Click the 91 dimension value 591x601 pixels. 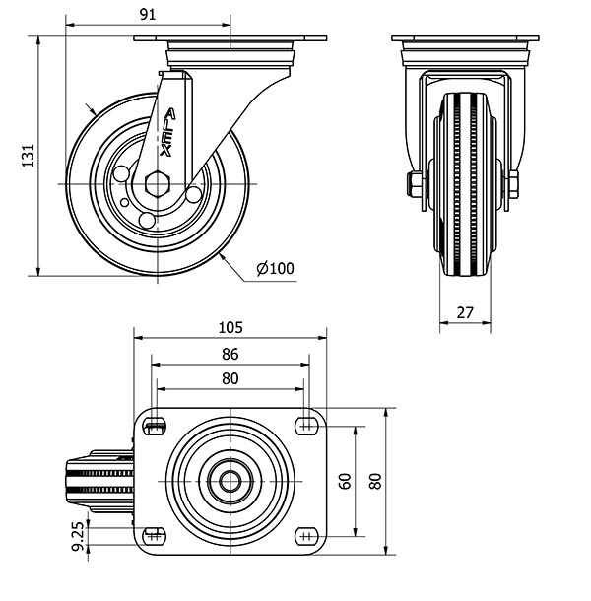[148, 15]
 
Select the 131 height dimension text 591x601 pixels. [28, 156]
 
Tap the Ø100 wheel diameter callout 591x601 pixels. [275, 268]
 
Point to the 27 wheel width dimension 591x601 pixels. [465, 312]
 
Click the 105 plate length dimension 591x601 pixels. [230, 328]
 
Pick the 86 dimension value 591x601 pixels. [230, 354]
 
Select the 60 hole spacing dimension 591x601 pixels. [345, 481]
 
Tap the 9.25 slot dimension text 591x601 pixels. [78, 536]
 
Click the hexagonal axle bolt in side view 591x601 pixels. [158, 184]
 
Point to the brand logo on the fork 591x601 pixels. [167, 132]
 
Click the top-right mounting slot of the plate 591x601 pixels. [306, 426]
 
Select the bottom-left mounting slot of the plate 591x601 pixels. [154, 536]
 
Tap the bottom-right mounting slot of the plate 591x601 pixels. [306, 536]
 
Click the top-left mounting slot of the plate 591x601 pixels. [154, 426]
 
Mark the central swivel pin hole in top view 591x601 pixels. [230, 481]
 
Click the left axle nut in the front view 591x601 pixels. [415, 184]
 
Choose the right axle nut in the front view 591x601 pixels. [513, 184]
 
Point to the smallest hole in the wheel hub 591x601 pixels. [125, 202]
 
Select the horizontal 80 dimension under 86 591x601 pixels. [230, 378]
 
